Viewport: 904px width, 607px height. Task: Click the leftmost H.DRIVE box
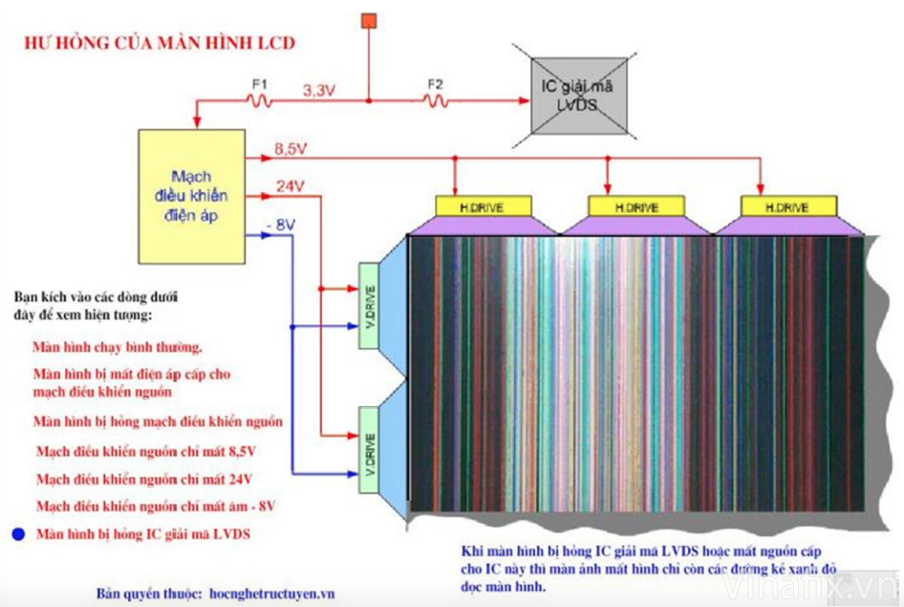pos(483,206)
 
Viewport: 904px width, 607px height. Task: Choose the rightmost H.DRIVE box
pos(788,206)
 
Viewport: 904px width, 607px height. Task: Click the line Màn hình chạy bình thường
pos(117,347)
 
